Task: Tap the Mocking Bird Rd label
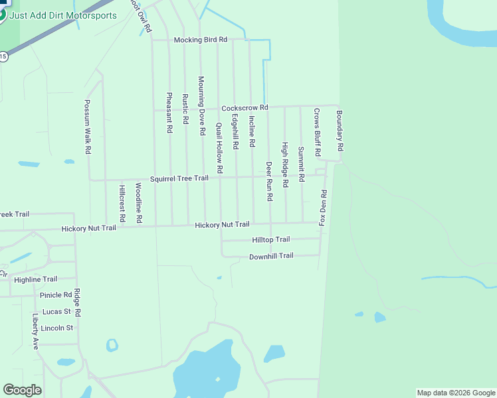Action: pyautogui.click(x=200, y=40)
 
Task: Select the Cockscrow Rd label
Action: pyautogui.click(x=245, y=107)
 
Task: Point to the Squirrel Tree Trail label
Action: pyautogui.click(x=179, y=178)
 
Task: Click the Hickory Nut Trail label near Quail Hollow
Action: pyautogui.click(x=222, y=226)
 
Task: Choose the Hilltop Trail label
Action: pyautogui.click(x=271, y=239)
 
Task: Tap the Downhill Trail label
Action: pyautogui.click(x=270, y=256)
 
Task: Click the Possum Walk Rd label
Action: pyautogui.click(x=87, y=127)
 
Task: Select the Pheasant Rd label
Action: pyautogui.click(x=169, y=113)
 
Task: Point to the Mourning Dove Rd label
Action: pyautogui.click(x=201, y=105)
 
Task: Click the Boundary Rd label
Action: pyautogui.click(x=340, y=131)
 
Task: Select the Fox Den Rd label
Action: pyautogui.click(x=323, y=208)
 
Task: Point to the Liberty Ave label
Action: pyautogui.click(x=35, y=332)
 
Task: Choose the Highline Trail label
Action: pyautogui.click(x=36, y=279)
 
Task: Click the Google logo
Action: pyautogui.click(x=22, y=390)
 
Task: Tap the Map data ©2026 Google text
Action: pyautogui.click(x=456, y=393)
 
